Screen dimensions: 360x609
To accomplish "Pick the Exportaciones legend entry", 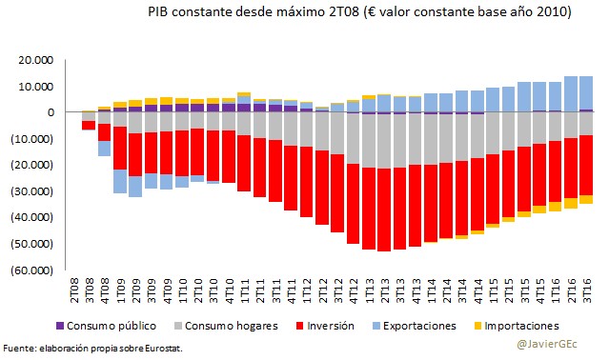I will (x=420, y=326).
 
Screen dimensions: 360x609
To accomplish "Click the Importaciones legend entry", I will (x=519, y=326).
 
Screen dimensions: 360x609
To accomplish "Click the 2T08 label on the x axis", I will (x=75, y=287).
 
